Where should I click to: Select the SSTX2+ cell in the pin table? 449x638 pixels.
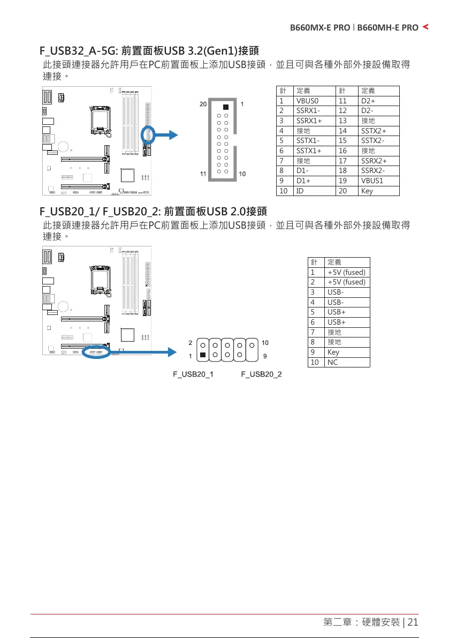tap(373, 130)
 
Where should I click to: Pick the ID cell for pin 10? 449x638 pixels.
tap(300, 190)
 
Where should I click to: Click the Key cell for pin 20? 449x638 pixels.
tap(367, 190)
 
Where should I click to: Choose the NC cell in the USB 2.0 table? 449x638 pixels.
tap(332, 362)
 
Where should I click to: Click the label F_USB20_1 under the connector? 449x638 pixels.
tap(193, 374)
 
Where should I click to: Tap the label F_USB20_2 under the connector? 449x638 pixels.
tap(261, 374)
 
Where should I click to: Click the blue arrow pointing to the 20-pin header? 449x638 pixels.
tap(170, 134)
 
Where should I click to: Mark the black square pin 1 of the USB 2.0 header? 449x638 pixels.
tap(203, 355)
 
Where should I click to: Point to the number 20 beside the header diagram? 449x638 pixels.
tap(203, 104)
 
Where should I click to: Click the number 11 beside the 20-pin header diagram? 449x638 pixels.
tap(203, 174)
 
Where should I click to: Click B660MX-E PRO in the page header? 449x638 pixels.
tap(320, 27)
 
